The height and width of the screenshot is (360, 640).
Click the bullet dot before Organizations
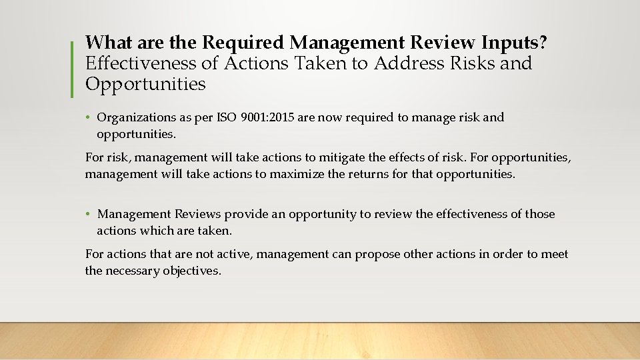point(89,118)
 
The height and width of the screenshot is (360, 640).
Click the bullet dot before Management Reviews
point(89,215)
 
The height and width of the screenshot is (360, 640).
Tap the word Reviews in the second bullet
point(197,215)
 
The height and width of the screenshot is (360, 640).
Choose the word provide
point(245,215)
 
